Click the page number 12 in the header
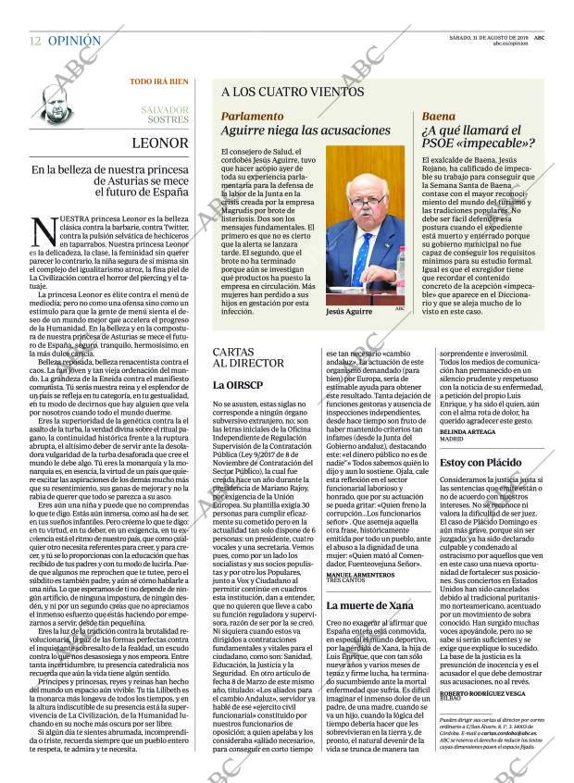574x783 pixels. (34, 42)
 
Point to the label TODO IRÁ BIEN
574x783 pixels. (158, 81)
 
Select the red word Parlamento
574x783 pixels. (253, 117)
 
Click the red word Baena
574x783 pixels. (439, 117)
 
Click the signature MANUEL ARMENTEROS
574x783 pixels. (366, 575)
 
